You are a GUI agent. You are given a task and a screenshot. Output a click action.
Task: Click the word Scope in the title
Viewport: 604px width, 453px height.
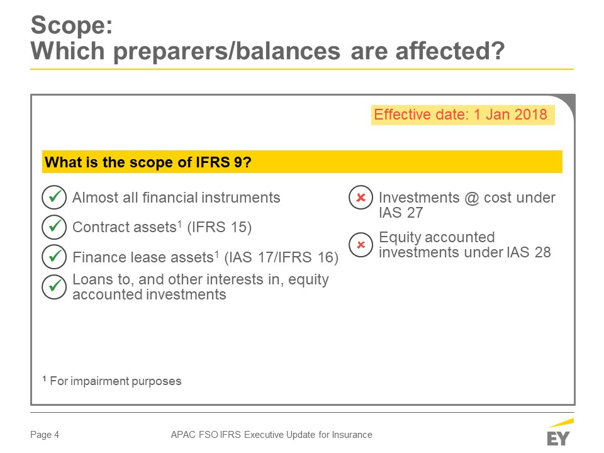tap(72, 26)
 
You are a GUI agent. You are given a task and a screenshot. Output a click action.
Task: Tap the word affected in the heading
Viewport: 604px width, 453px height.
tap(449, 51)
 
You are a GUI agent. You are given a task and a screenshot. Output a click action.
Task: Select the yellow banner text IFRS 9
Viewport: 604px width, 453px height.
tap(223, 162)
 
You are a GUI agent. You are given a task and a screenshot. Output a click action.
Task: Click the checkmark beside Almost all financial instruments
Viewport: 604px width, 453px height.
tap(54, 197)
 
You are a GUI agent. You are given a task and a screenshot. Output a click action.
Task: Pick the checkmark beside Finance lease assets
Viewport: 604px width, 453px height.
tap(54, 257)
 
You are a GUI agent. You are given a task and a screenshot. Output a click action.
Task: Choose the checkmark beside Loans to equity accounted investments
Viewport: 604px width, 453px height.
tap(54, 287)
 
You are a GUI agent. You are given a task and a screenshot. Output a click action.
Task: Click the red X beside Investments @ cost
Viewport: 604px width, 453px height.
tap(361, 198)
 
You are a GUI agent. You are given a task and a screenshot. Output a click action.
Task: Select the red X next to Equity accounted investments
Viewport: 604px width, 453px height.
tap(361, 245)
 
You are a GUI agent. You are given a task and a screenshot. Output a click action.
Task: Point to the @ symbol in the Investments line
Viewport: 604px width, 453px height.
tap(471, 198)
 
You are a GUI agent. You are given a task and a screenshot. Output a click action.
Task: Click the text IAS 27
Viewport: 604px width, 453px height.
tap(401, 213)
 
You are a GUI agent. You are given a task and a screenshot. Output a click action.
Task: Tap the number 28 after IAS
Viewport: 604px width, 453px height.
tap(542, 252)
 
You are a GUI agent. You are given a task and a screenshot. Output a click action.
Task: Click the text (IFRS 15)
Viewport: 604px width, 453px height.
tap(219, 227)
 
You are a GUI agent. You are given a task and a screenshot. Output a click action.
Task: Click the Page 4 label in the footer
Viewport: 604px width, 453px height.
tap(45, 435)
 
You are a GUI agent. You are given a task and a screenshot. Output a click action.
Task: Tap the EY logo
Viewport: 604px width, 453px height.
tap(559, 433)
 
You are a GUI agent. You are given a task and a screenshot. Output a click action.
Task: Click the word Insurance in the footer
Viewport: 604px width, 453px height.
tap(352, 435)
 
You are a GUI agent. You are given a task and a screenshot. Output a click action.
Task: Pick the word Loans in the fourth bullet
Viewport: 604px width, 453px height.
tap(91, 279)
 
